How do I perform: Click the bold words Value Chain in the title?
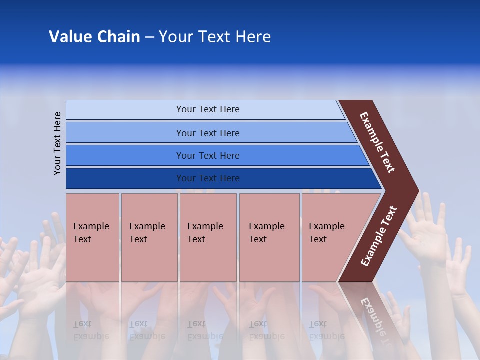[94, 37]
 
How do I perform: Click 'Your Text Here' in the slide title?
[215, 37]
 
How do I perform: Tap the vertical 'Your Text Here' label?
[57, 143]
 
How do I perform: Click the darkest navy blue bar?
[125, 178]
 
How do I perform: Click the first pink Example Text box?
[92, 237]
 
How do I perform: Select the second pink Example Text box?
[149, 237]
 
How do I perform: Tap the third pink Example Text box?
[208, 237]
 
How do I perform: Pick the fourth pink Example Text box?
[269, 237]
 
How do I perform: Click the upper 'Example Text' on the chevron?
[377, 142]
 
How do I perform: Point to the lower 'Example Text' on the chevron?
[379, 236]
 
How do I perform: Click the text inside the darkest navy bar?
[208, 178]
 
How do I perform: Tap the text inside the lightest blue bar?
[208, 109]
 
